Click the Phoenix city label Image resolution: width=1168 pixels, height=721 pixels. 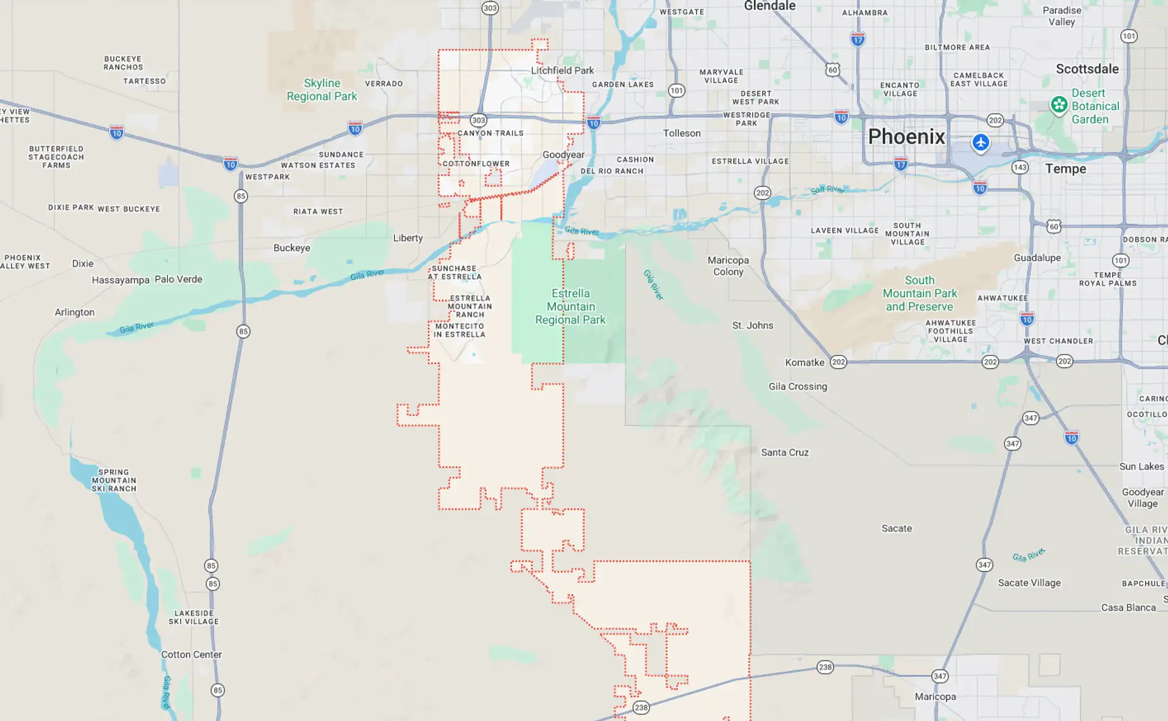tap(906, 137)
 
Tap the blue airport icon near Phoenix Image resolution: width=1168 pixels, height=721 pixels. tap(980, 143)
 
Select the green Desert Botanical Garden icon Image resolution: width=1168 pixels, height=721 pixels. tap(1058, 105)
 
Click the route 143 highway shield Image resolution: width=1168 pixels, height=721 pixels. tap(1020, 167)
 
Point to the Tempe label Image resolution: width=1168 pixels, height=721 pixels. tap(1065, 169)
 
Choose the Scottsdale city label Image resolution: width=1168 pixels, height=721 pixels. tap(1087, 69)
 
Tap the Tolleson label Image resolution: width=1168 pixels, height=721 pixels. tap(681, 133)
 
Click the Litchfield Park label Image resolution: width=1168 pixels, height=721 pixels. tap(562, 71)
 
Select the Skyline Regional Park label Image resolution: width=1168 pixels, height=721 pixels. tap(322, 89)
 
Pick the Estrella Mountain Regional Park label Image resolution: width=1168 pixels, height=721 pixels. tap(571, 306)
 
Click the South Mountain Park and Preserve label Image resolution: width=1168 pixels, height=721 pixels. tap(919, 293)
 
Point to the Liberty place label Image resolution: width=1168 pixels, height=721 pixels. tap(408, 238)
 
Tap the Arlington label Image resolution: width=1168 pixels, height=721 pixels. tap(75, 312)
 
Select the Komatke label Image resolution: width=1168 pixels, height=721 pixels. tap(804, 362)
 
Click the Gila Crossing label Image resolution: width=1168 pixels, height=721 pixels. tap(798, 387)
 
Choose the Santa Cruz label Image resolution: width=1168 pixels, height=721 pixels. tap(785, 452)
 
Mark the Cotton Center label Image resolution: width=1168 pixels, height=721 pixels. tap(191, 655)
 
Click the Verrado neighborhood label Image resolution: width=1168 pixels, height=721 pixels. tap(384, 84)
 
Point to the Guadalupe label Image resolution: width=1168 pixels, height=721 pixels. tap(1037, 258)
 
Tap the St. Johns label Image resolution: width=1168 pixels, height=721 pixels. tap(753, 325)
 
